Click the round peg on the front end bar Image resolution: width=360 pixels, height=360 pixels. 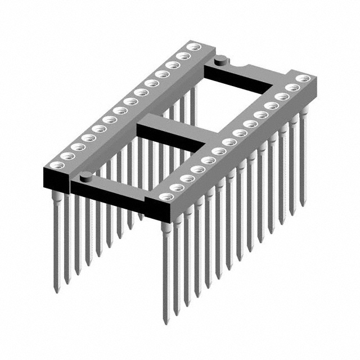click(x=85, y=176)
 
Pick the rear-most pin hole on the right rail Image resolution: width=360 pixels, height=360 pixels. click(x=304, y=78)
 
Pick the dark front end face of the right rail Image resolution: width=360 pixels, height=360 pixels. click(x=163, y=211)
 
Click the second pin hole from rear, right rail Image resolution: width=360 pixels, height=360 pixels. click(x=292, y=88)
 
